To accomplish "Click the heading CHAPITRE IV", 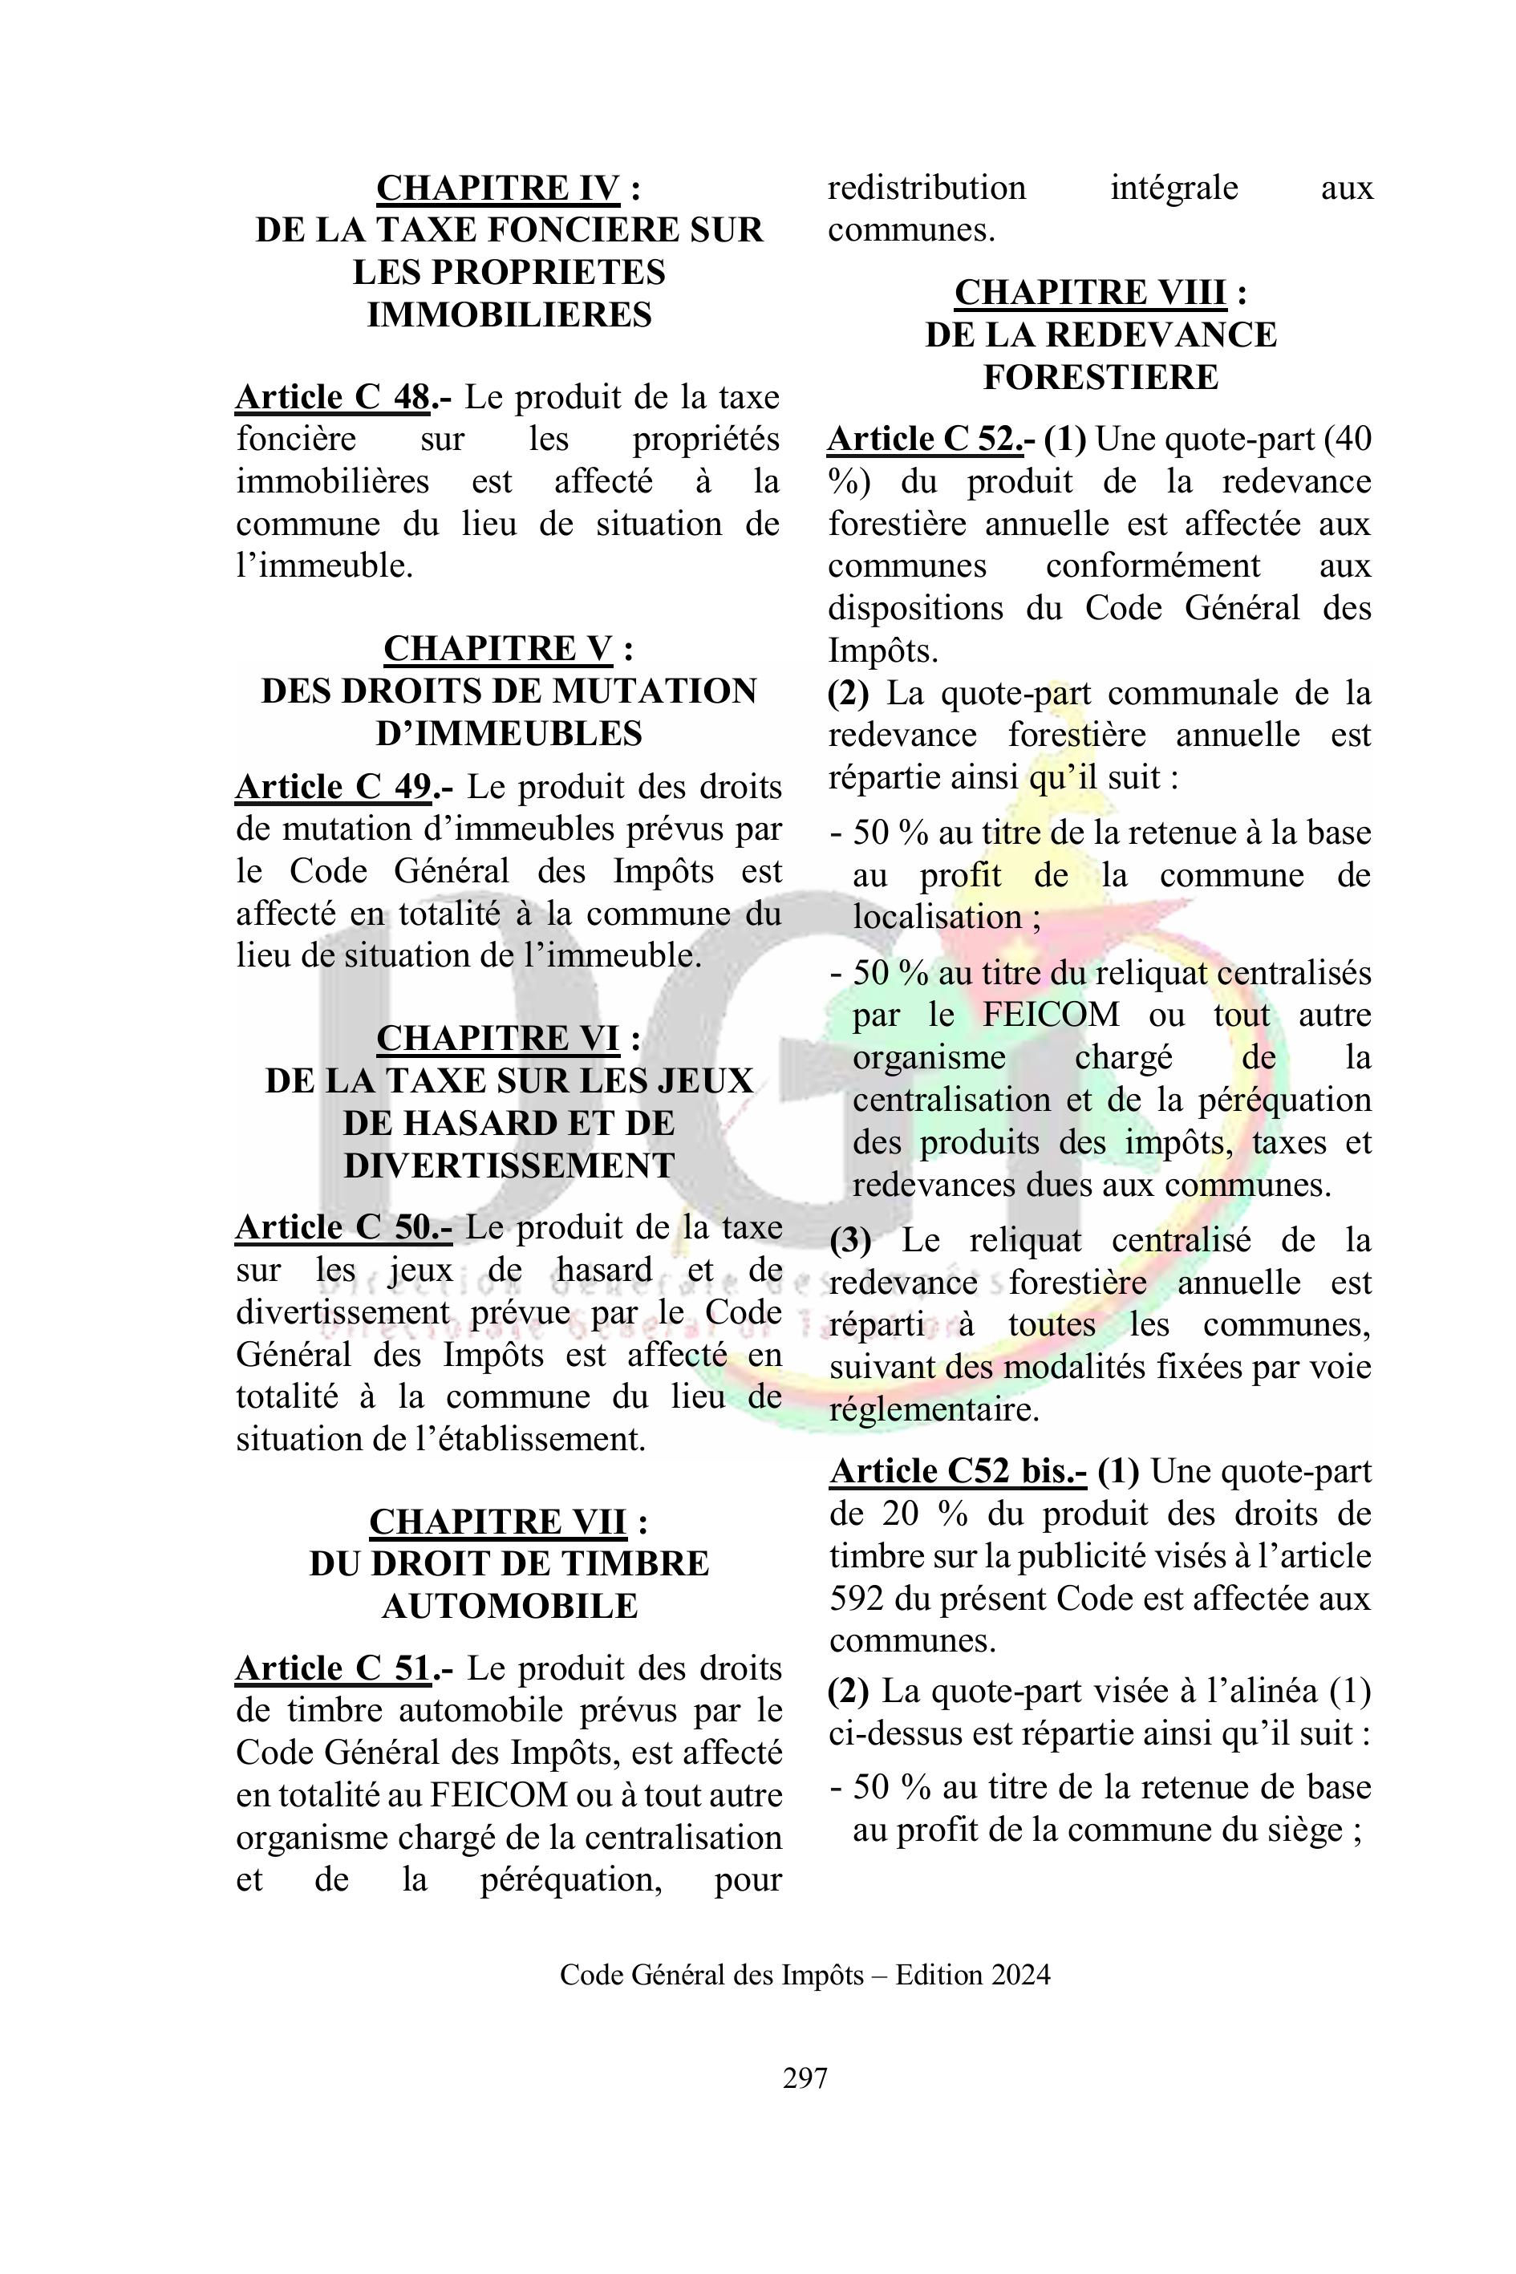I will pos(498,188).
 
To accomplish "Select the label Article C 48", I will pos(333,397).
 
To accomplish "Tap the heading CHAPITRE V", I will pos(498,649).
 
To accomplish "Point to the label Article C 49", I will pos(334,787).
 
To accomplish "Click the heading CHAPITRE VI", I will pos(498,1039).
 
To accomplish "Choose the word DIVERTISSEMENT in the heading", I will pos(509,1166).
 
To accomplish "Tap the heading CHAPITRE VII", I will pos(498,1522).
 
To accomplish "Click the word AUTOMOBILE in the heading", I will pos(509,1607).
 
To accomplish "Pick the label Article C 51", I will pos(333,1668).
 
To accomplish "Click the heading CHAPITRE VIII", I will pos(1089,292).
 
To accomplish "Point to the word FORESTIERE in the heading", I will pos(1101,377).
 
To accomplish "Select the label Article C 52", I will pos(924,440).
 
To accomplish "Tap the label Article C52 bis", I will pos(957,1472).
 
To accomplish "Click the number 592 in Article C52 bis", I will pos(856,1599).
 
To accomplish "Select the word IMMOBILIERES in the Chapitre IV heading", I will pos(509,315).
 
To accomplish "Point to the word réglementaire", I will pos(933,1409).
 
